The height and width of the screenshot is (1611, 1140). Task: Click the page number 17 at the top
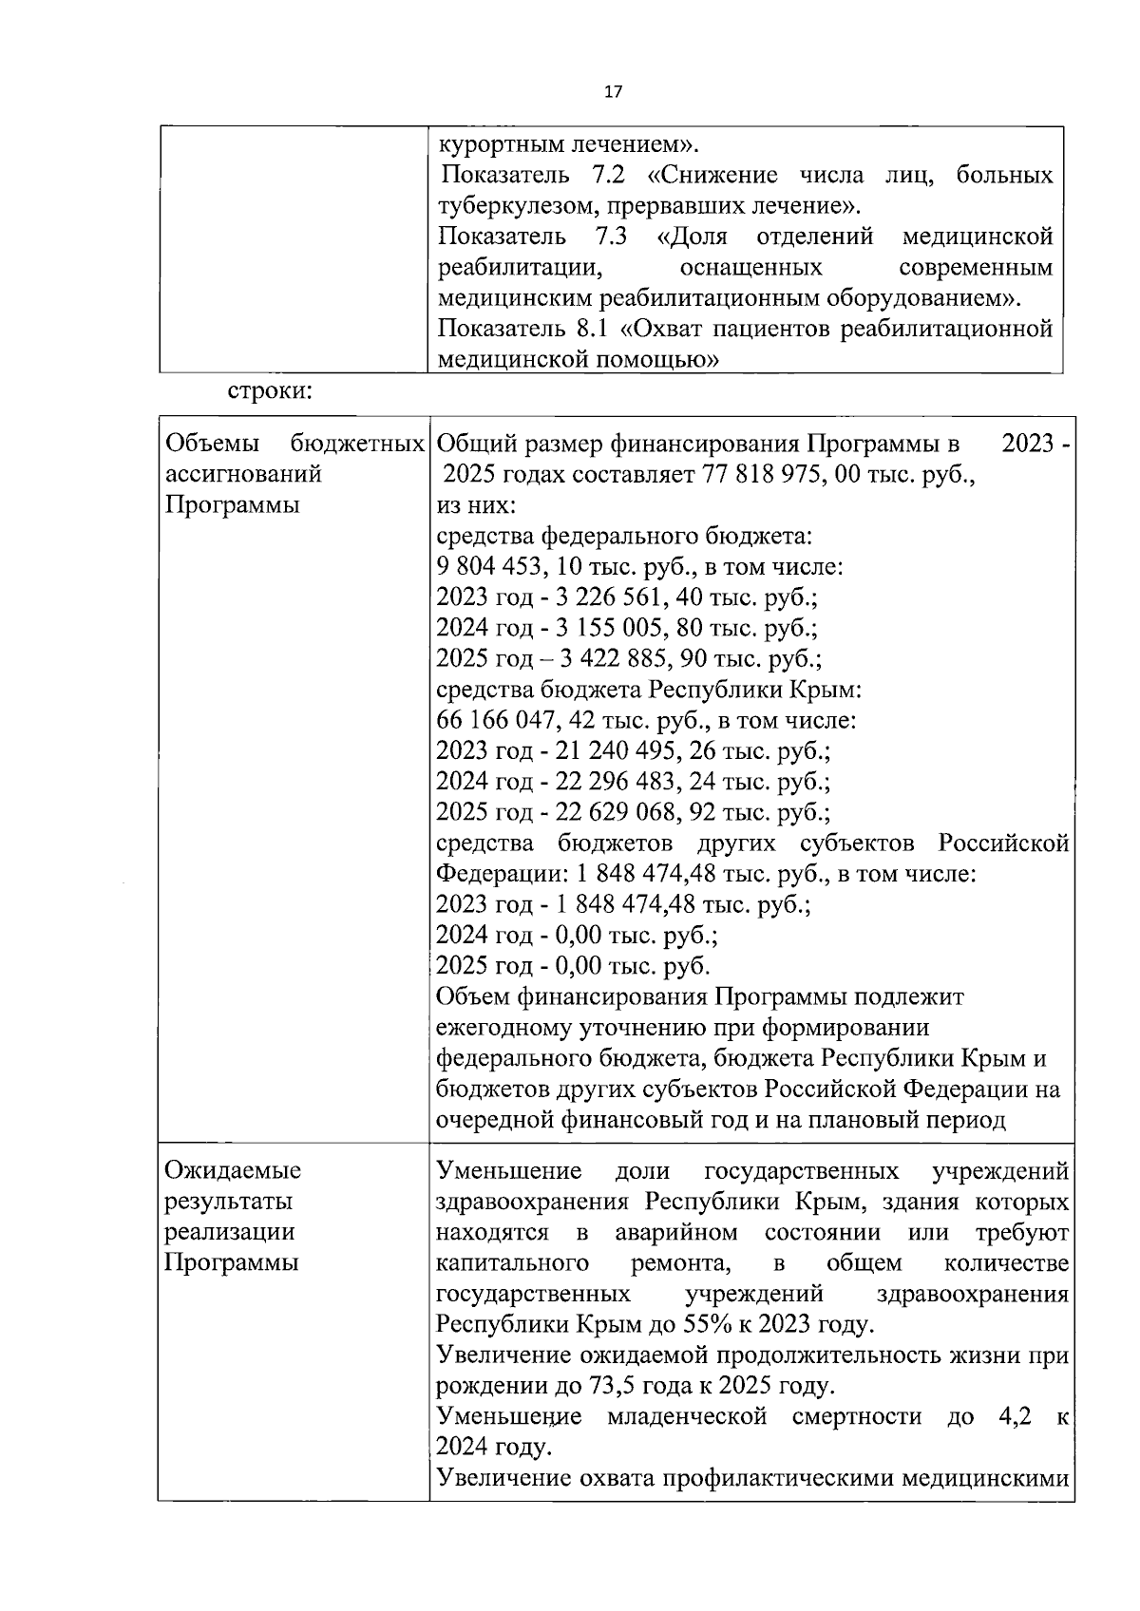(x=613, y=92)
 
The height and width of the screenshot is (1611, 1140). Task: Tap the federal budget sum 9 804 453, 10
(x=517, y=567)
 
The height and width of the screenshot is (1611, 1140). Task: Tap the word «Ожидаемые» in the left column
(x=233, y=1170)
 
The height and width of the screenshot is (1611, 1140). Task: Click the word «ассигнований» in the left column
(x=243, y=474)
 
